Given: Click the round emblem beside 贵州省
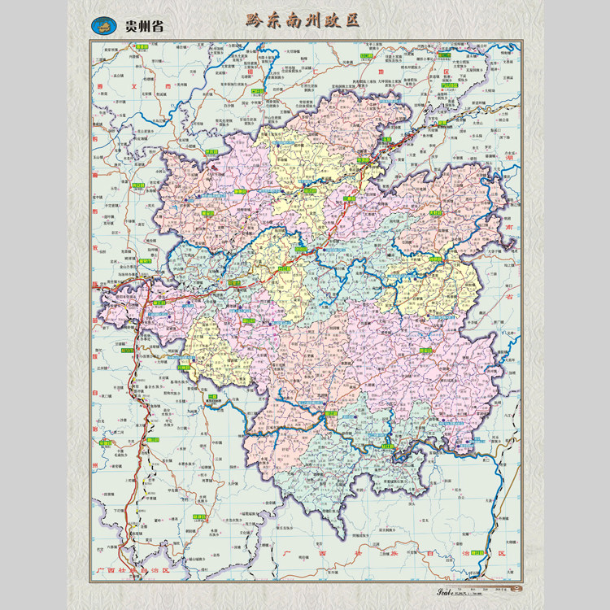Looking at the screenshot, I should click(103, 25).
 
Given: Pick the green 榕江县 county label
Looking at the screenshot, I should click(331, 415).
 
